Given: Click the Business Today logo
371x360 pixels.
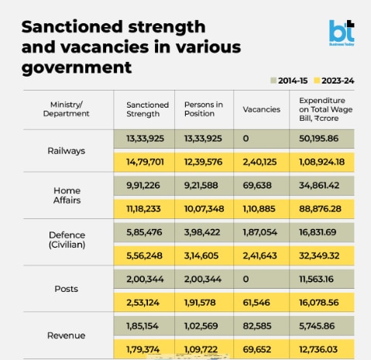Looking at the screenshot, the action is [x=342, y=33].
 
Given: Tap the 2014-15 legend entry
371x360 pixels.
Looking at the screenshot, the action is [x=289, y=81].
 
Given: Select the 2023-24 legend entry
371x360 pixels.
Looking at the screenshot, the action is [x=334, y=81].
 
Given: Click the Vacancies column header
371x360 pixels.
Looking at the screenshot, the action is [x=262, y=109].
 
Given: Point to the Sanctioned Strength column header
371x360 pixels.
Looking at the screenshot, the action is [x=147, y=109].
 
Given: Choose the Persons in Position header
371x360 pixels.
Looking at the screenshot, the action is [x=204, y=109].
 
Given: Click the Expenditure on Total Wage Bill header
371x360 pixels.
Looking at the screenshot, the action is [x=326, y=109].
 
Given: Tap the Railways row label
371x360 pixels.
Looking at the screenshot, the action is [x=66, y=151].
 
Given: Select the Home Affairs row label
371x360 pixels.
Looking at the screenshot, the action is [x=67, y=195].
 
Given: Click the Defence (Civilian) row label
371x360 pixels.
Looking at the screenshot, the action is [x=67, y=240].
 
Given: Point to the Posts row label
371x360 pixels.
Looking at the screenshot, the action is [x=66, y=289].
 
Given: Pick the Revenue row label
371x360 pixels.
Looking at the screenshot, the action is [x=66, y=335].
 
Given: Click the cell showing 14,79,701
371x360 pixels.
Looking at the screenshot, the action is [x=145, y=162].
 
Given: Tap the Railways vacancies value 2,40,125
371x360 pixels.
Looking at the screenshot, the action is [x=259, y=162].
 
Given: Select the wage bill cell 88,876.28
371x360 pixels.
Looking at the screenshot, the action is [x=320, y=209].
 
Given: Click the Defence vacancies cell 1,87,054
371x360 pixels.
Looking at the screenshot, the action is [x=259, y=232].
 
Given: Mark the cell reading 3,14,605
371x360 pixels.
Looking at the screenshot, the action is [x=201, y=255].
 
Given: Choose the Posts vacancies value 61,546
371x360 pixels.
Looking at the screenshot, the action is [x=256, y=303].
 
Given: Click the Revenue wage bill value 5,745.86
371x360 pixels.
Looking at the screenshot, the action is [x=317, y=326].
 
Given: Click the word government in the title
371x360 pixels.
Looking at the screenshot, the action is [x=77, y=68].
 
